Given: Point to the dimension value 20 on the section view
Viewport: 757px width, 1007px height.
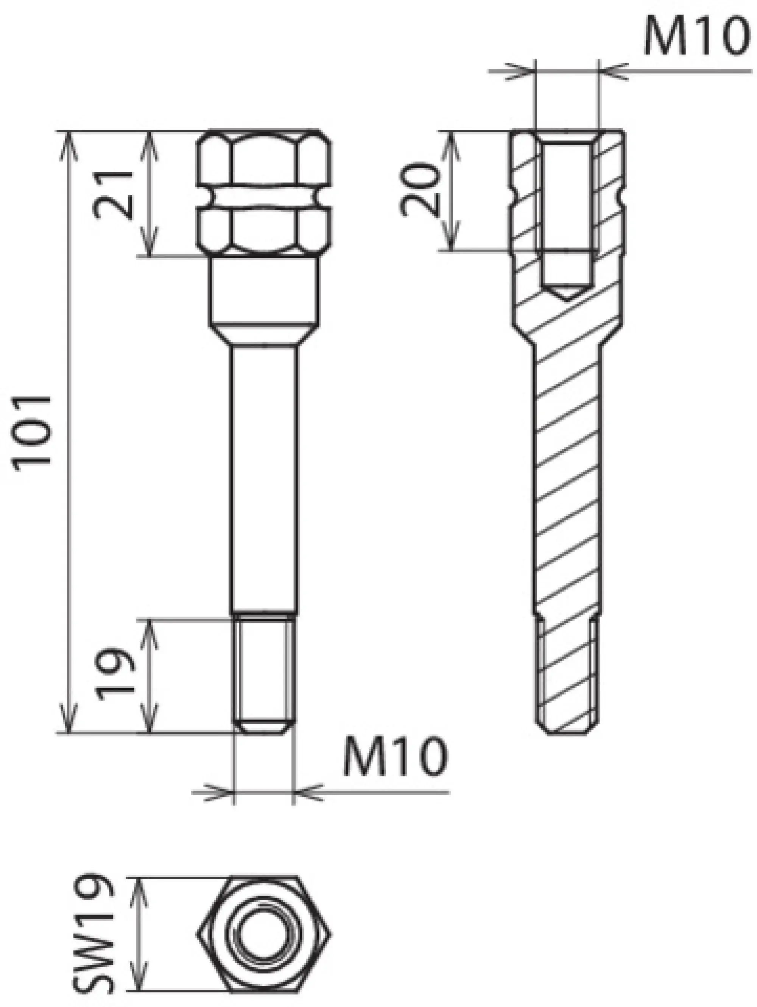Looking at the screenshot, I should (420, 189).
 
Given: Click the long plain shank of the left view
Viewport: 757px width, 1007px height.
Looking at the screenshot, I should (264, 478).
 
